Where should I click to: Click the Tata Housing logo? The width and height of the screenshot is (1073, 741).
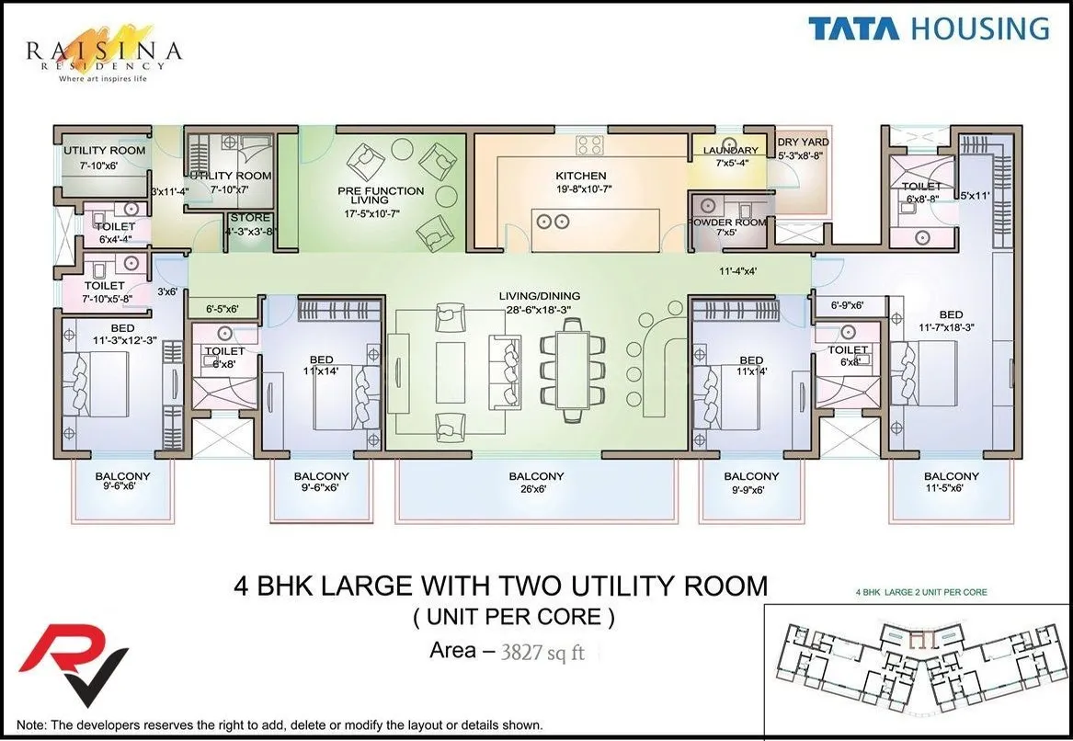[929, 28]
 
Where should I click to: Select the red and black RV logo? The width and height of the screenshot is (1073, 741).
[74, 663]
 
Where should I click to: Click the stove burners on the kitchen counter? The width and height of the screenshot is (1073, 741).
[590, 145]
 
